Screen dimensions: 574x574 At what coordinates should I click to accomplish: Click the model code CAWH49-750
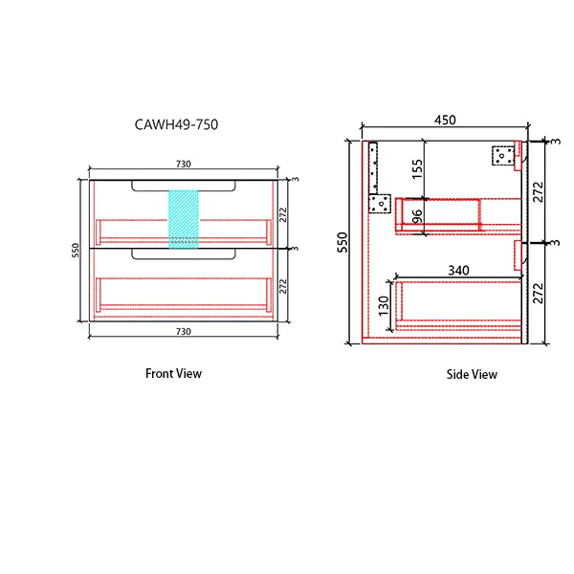(x=180, y=124)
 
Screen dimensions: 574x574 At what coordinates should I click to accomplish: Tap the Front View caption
(x=173, y=373)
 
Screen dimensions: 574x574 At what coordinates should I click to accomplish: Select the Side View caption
(x=472, y=374)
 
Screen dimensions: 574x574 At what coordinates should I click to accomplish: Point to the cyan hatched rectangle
(x=182, y=219)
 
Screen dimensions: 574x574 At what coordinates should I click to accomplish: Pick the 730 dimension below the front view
(x=182, y=331)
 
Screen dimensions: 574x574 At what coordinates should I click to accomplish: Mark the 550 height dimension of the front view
(x=73, y=250)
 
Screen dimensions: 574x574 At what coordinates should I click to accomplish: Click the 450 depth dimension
(x=446, y=121)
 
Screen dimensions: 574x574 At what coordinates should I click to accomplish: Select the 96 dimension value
(x=417, y=215)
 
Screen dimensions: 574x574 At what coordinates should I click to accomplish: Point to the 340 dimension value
(x=459, y=271)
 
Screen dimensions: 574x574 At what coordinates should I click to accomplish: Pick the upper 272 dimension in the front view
(x=283, y=215)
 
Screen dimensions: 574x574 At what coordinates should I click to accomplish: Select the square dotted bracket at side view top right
(x=502, y=155)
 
